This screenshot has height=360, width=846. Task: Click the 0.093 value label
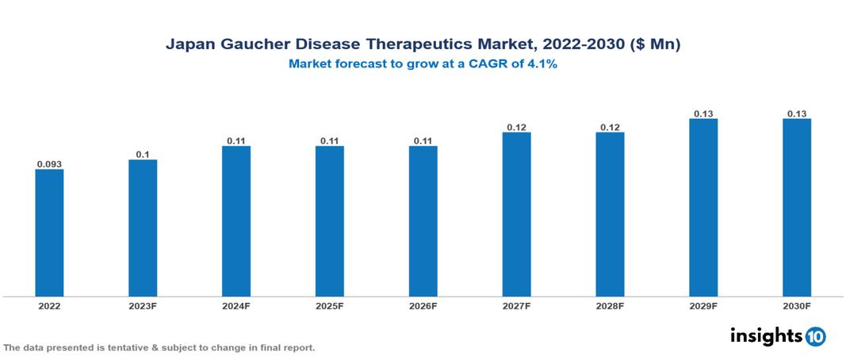(x=49, y=164)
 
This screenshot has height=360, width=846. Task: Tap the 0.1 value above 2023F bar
(x=143, y=155)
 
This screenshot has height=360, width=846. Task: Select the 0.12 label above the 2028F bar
(x=610, y=127)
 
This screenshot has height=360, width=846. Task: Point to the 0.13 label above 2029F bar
(x=703, y=113)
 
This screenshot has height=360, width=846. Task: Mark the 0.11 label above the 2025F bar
(x=330, y=140)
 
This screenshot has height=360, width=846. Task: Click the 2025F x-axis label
(x=330, y=305)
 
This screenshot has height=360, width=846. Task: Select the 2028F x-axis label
(x=610, y=305)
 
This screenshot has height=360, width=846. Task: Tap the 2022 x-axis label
(x=49, y=305)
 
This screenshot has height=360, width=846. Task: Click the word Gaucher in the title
(x=249, y=45)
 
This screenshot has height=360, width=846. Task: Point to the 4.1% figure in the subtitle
(x=541, y=64)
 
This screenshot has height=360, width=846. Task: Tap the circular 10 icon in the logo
(x=815, y=336)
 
